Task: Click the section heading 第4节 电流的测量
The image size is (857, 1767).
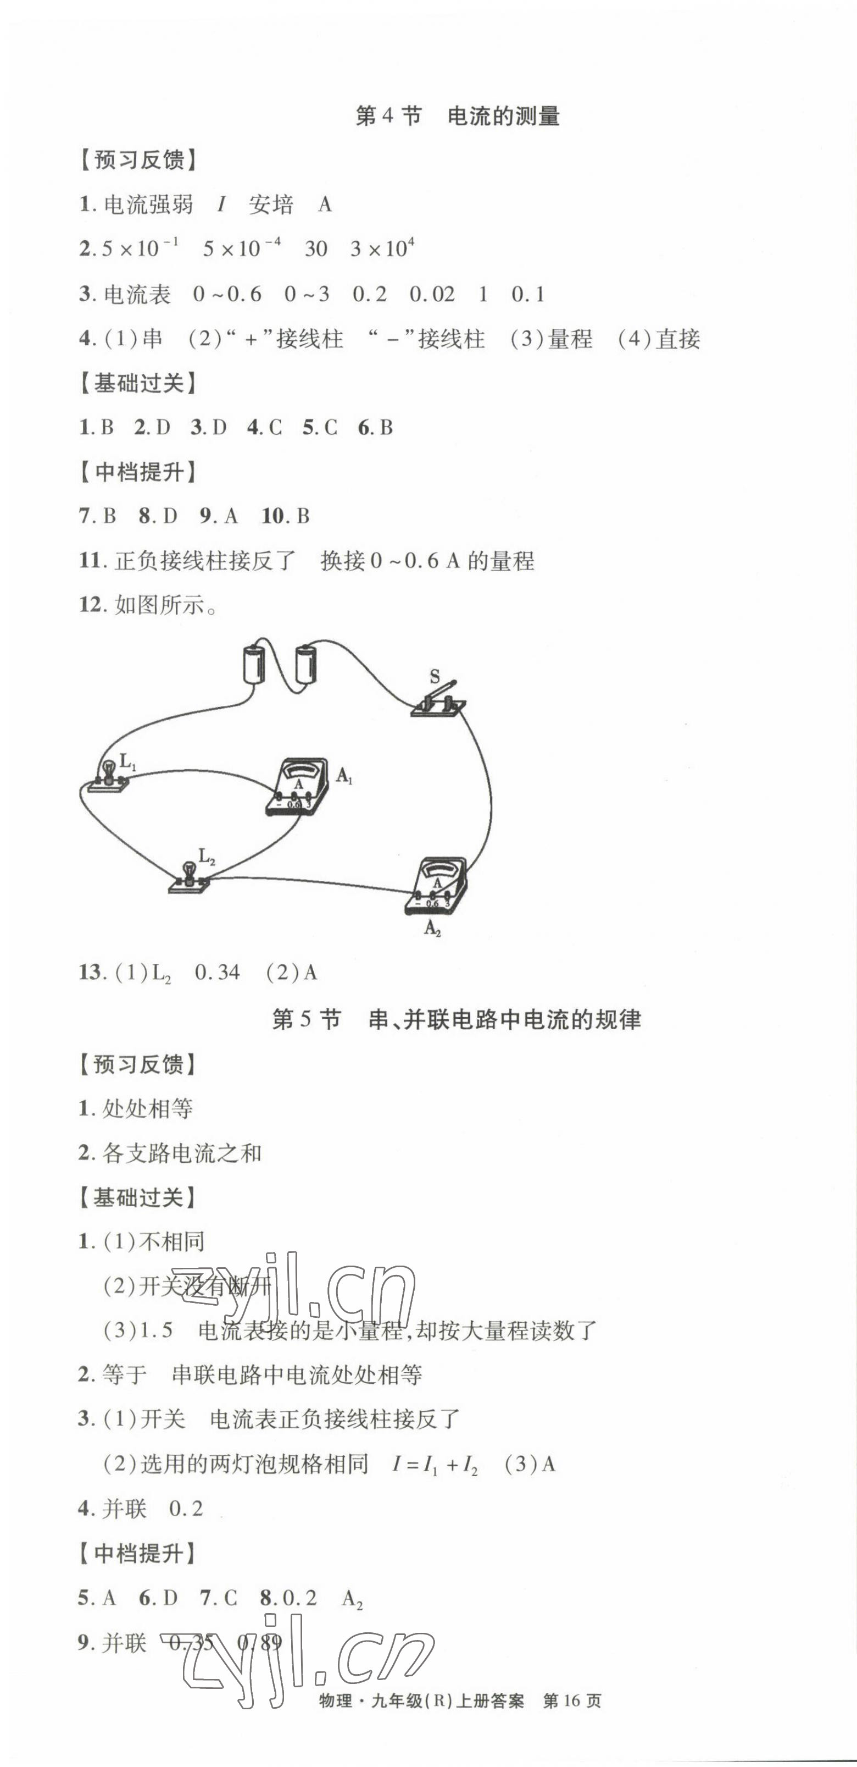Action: point(457,116)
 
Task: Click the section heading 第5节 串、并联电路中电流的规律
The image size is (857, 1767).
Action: point(457,1019)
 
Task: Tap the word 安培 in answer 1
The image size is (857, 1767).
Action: point(271,205)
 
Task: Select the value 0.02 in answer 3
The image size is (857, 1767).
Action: point(432,294)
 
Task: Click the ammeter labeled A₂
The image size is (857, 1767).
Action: point(436,886)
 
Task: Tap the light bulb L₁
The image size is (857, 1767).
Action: point(108,775)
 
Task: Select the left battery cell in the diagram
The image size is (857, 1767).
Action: point(254,662)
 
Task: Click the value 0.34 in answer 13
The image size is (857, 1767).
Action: point(218,972)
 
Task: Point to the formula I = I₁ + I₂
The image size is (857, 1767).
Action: point(435,1465)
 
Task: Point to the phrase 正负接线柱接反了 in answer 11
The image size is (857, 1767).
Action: point(204,561)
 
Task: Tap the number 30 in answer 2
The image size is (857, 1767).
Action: point(315,249)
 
